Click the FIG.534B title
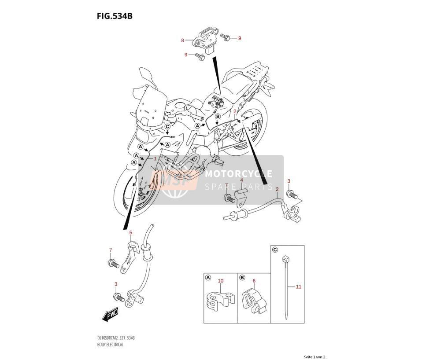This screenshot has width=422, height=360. coord(115,16)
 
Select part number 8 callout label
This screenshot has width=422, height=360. coord(182,40)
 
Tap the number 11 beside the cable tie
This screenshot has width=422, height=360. coord(299,287)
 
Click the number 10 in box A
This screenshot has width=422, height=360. coord(220,281)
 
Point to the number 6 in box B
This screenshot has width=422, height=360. coord(254,281)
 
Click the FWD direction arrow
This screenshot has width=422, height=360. coord(110,314)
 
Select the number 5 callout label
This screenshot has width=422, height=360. coord(131,232)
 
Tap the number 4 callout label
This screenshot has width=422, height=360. coord(241,180)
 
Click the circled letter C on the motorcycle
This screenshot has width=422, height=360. coord(167,126)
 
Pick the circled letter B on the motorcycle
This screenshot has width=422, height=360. coord(218,117)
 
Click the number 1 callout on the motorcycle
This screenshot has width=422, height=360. coord(155,158)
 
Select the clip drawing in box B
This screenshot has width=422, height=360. coord(254,301)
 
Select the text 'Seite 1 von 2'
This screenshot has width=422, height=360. coord(315,357)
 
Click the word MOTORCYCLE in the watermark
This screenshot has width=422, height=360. coord(238,174)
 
